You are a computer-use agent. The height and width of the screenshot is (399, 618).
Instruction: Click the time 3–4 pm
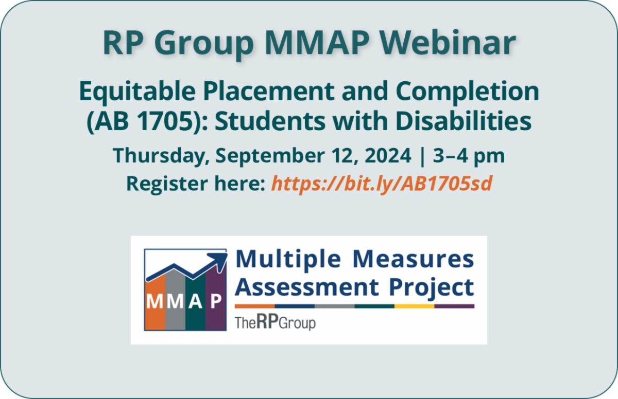(469, 156)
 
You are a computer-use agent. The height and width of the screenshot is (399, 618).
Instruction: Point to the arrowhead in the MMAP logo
(220, 259)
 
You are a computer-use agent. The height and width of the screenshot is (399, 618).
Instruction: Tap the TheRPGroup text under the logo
(275, 322)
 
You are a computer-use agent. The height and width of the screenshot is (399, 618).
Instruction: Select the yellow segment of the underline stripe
(415, 306)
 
